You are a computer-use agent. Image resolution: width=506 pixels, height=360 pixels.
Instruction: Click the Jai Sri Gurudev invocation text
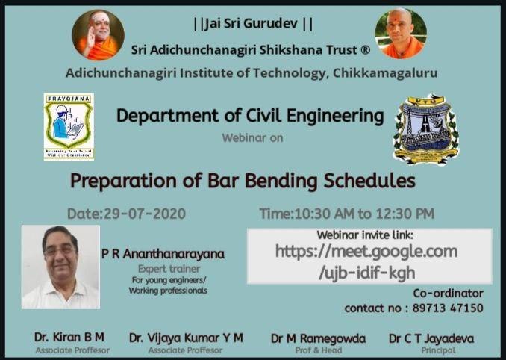click(253, 24)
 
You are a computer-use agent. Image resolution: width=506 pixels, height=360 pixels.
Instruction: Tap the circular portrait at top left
click(98, 34)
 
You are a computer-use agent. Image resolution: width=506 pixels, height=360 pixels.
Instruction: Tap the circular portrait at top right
click(402, 34)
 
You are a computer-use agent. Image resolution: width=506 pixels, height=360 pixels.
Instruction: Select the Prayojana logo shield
click(68, 126)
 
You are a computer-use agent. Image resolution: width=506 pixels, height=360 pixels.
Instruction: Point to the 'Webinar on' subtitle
click(252, 137)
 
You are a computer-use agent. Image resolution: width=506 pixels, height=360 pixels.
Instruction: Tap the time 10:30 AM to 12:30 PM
click(346, 214)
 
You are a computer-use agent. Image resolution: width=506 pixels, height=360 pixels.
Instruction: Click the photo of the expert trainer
click(60, 267)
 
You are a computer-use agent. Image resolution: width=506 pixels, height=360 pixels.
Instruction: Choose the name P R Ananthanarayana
click(163, 254)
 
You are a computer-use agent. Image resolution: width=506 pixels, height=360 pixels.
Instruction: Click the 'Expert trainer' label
click(163, 268)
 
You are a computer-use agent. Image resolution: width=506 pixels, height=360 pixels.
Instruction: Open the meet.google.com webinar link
click(366, 261)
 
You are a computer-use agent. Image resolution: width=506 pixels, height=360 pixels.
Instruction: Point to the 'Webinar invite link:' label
click(365, 235)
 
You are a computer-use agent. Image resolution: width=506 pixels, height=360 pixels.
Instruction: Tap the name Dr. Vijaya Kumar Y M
click(186, 338)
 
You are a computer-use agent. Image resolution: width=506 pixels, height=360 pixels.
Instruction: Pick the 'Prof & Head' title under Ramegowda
click(318, 350)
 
